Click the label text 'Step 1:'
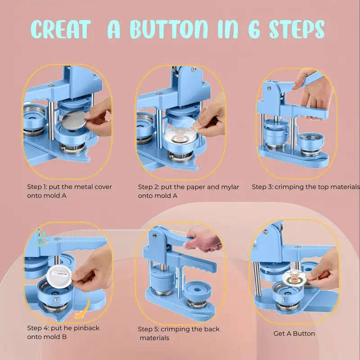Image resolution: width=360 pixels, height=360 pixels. point(37,187)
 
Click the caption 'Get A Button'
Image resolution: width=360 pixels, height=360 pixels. point(294,333)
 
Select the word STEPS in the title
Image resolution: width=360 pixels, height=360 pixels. point(297,29)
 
